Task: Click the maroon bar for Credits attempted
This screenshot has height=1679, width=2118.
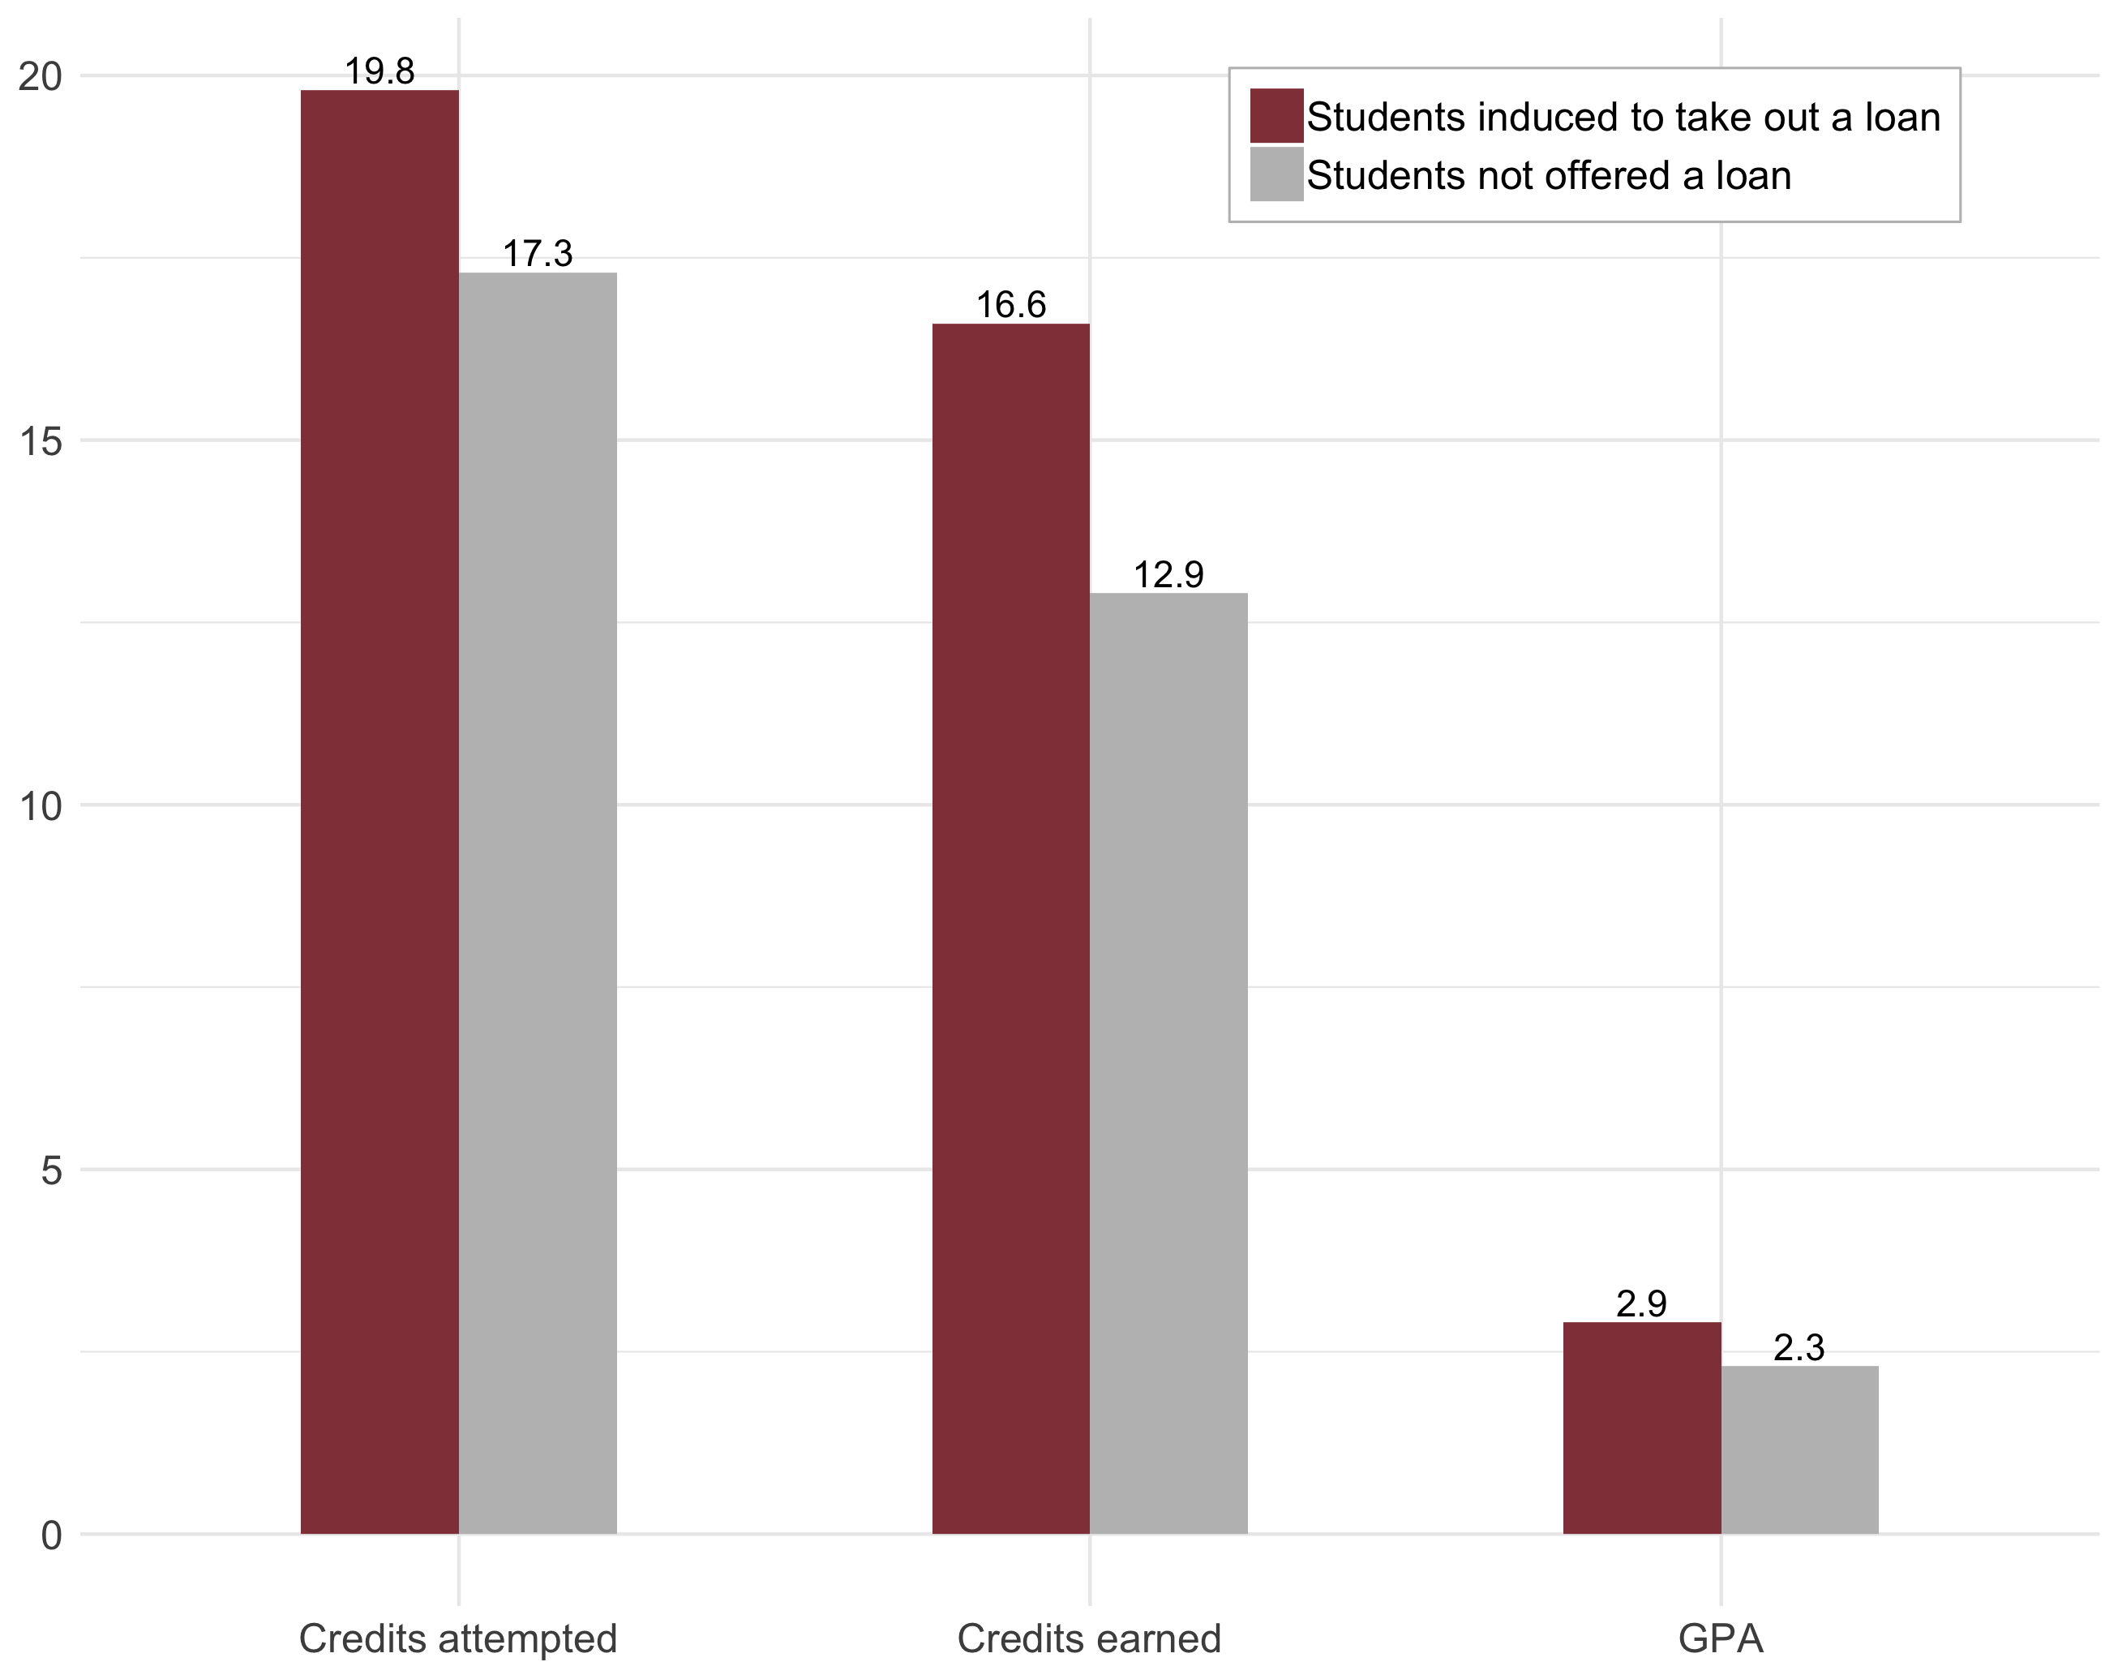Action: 379,810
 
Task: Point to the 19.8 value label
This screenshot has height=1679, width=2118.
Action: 379,71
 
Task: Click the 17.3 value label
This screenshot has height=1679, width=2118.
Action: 538,253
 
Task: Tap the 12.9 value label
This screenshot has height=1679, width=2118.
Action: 1168,575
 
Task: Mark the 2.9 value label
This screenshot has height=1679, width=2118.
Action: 1641,1303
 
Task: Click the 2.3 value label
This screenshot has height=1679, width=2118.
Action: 1799,1347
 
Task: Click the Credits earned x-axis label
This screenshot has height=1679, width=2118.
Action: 1088,1638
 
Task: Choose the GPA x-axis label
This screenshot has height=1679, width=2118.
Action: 1720,1638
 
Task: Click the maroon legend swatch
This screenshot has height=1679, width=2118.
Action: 1276,115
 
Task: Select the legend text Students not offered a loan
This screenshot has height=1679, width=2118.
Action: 1548,176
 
